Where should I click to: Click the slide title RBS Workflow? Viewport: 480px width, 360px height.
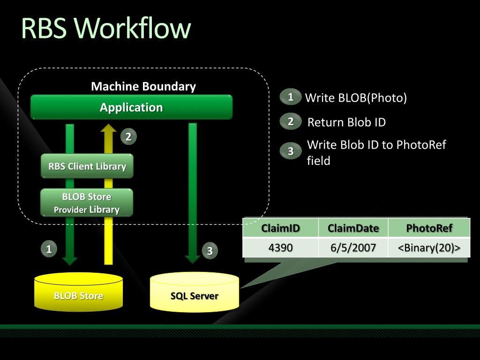(106, 28)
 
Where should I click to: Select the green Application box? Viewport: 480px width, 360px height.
(131, 107)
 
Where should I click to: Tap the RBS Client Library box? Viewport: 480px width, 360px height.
(87, 166)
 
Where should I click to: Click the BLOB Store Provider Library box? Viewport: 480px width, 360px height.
(87, 202)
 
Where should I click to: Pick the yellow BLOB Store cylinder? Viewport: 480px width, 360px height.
(78, 292)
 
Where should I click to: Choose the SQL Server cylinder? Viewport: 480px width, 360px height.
(195, 292)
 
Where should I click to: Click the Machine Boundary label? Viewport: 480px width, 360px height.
(143, 86)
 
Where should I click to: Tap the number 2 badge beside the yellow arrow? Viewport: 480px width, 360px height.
(128, 136)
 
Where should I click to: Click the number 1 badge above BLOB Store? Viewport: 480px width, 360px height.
(49, 248)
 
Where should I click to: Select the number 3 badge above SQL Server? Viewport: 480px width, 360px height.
(210, 251)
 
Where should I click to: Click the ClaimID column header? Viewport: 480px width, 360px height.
(280, 228)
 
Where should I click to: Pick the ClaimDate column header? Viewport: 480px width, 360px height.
(353, 228)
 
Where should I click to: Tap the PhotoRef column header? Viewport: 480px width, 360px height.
(429, 228)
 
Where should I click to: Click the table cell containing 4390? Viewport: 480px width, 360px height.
(280, 247)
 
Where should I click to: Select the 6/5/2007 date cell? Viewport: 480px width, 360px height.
(353, 247)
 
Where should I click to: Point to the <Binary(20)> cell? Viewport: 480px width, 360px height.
(429, 247)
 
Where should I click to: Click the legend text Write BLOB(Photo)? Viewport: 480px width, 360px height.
(356, 97)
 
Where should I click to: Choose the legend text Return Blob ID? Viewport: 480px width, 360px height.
(346, 122)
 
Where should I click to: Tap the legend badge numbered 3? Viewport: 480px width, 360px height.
(291, 150)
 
